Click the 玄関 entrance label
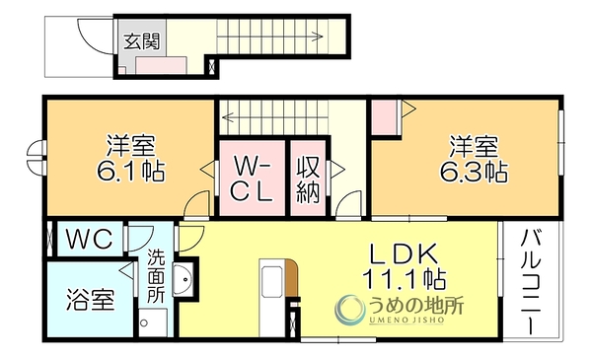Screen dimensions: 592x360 point(142,41)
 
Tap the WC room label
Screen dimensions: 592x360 point(90,239)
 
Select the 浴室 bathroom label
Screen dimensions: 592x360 point(90,299)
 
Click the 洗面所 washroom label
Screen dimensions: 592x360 point(156,276)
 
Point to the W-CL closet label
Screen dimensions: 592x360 point(252,179)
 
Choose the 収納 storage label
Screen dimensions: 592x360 point(308,180)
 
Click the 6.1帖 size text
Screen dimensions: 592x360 point(130,171)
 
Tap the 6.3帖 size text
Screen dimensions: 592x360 point(474,172)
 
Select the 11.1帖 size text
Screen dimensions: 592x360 point(404,279)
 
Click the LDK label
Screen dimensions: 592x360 point(404,253)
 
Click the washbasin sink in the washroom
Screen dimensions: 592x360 point(184,280)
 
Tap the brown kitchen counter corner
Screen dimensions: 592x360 point(291,278)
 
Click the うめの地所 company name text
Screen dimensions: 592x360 point(415,306)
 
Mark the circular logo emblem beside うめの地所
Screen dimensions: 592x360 point(349,310)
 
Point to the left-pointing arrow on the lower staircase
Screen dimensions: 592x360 point(274,117)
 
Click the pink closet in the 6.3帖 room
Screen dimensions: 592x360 point(385,117)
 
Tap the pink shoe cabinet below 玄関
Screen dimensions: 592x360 point(161,65)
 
